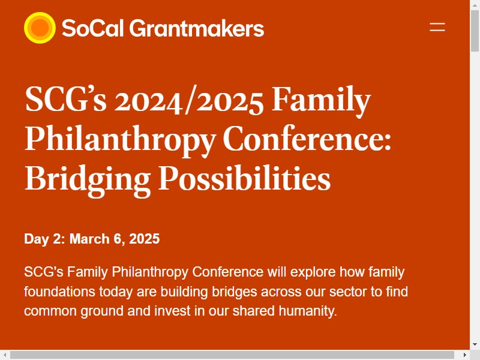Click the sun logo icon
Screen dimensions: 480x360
pos(40,28)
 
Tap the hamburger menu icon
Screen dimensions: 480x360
pos(437,27)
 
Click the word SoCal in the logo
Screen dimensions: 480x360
pos(93,28)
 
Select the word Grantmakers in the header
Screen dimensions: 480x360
pos(197,28)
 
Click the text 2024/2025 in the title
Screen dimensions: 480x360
pos(188,100)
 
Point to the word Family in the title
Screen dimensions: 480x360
pos(321,100)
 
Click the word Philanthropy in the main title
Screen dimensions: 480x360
pos(120,140)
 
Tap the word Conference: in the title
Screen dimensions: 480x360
pos(307,139)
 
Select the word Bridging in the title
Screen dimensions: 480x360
pos(88,179)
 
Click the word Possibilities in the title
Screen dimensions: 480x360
pos(245,178)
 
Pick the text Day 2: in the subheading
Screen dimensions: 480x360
pos(44,239)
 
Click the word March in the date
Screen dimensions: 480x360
pos(89,239)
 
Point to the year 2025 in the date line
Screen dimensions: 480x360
pos(145,239)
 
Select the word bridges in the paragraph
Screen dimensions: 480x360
pos(234,292)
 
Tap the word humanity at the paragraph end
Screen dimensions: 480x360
pos(308,311)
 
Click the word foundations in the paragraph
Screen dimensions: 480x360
pos(59,292)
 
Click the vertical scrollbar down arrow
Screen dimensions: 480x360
pos(475,344)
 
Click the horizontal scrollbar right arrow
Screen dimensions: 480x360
pos(464,355)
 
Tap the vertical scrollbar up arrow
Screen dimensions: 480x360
pos(475,5)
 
